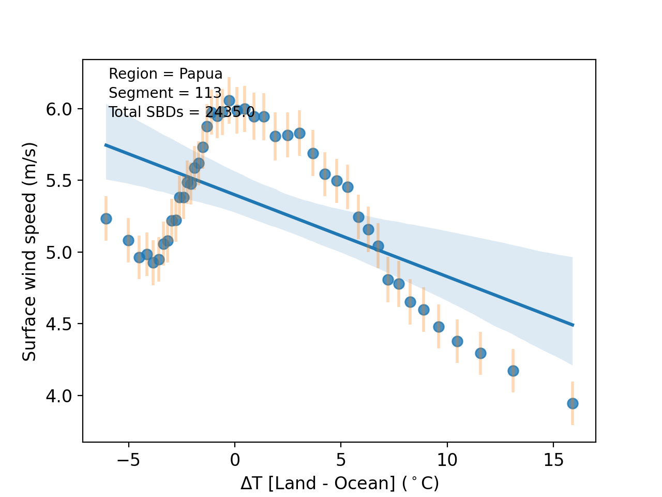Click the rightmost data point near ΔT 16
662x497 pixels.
pyautogui.click(x=573, y=403)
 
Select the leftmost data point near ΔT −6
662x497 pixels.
pyautogui.click(x=106, y=218)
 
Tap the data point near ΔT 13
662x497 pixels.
pyautogui.click(x=513, y=371)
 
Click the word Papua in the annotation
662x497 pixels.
pyautogui.click(x=201, y=74)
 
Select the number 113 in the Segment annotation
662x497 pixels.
pyautogui.click(x=208, y=93)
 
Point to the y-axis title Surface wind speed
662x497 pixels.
pyautogui.click(x=30, y=251)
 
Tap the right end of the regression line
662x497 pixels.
pyautogui.click(x=573, y=325)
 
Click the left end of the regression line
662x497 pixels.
pyautogui.click(x=106, y=145)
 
